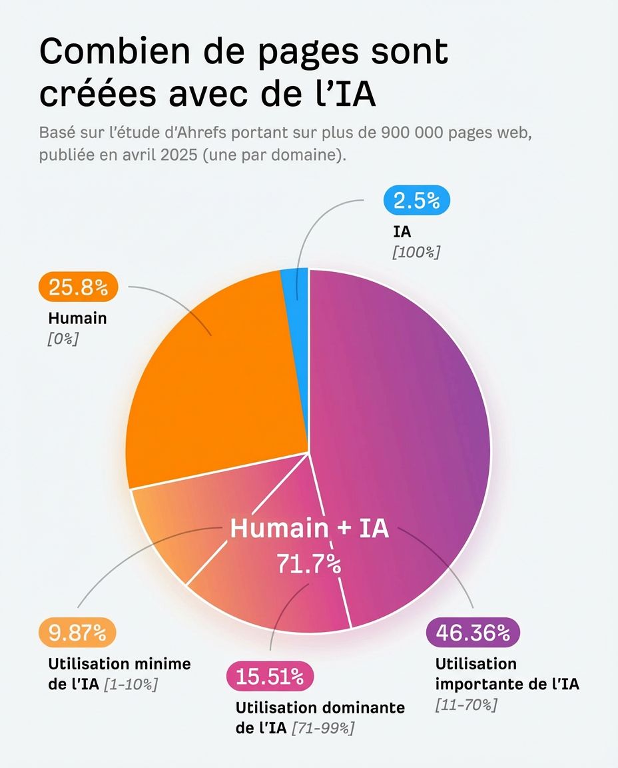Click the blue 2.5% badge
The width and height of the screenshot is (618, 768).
[417, 201]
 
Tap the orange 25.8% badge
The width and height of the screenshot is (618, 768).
[78, 287]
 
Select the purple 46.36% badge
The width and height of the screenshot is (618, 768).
[473, 632]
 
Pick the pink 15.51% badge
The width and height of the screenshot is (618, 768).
[270, 677]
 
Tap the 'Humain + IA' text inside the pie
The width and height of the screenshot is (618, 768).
[309, 529]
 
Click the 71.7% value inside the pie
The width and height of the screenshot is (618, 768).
[309, 564]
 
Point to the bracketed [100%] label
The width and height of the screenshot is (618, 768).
[416, 252]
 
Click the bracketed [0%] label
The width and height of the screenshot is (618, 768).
[63, 339]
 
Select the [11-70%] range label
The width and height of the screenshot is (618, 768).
[466, 705]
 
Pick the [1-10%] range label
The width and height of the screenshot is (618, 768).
[131, 685]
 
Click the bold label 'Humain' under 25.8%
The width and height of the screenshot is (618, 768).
[77, 318]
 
